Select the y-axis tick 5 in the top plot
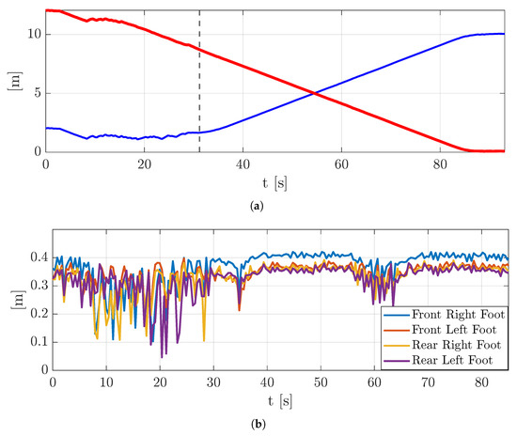coord(36,93)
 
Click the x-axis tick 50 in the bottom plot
coord(321,381)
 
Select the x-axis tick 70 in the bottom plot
coord(428,381)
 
